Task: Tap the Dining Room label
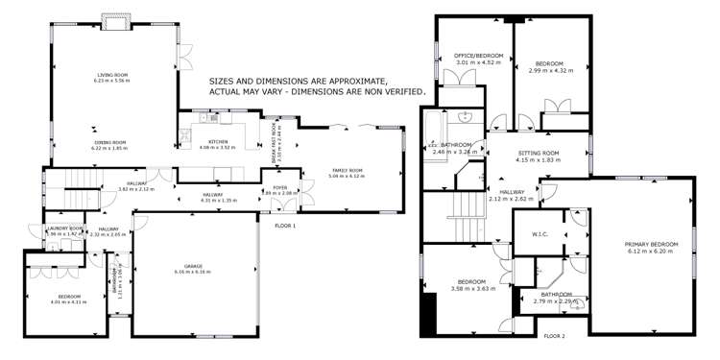pos(109,142)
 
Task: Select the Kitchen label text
pos(217,142)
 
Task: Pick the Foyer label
pos(280,187)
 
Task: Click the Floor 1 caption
pos(285,225)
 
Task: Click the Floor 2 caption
pos(554,336)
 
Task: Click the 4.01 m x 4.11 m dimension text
pos(67,301)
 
